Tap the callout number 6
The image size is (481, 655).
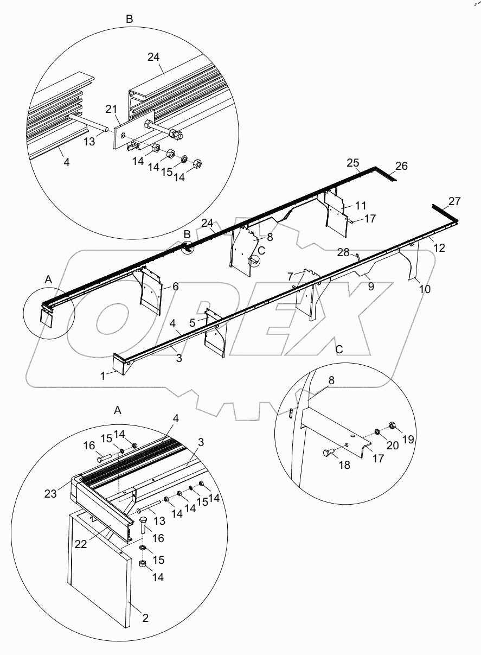point(176,287)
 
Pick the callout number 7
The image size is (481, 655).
point(290,276)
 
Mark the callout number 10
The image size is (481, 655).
point(425,289)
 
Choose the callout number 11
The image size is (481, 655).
point(361,206)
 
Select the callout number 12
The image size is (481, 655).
point(439,248)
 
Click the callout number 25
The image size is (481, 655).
point(354,163)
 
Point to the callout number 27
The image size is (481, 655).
point(454,201)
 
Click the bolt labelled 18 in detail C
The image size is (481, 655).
point(329,451)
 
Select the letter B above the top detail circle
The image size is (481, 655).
point(129,19)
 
